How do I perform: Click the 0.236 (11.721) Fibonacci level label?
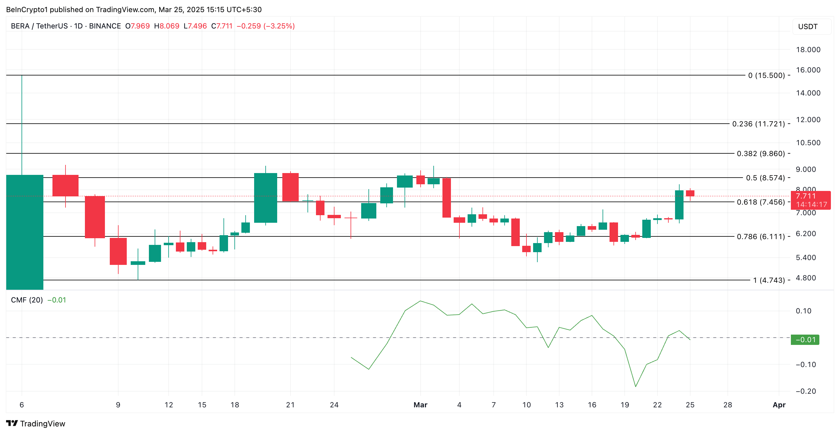click(758, 124)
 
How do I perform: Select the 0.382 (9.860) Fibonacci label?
click(761, 153)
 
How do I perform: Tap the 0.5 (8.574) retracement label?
click(765, 178)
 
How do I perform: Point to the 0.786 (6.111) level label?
click(761, 237)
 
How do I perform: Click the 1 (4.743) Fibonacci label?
click(769, 280)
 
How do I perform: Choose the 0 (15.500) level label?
click(766, 75)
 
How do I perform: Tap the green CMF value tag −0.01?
click(805, 340)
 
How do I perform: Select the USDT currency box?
click(808, 26)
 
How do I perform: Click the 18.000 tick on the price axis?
click(808, 49)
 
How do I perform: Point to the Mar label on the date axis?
click(420, 405)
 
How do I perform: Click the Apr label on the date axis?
click(779, 405)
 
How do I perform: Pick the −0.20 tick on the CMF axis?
click(806, 391)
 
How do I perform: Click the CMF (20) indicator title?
click(27, 300)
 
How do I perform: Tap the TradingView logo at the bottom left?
click(35, 423)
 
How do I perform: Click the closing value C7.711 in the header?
click(222, 26)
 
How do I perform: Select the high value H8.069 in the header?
click(166, 26)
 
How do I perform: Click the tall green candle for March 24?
click(679, 205)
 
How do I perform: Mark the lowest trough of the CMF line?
click(636, 386)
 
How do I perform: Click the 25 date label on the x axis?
click(690, 405)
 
